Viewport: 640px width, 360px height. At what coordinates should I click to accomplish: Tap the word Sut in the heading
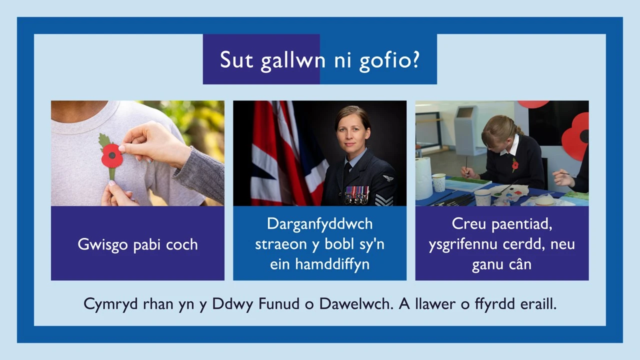click(236, 59)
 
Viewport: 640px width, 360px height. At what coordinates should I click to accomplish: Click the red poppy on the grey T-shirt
click(112, 156)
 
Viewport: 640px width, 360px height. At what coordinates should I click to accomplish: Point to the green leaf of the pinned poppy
click(104, 141)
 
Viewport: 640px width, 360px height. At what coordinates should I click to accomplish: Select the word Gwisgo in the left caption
click(102, 245)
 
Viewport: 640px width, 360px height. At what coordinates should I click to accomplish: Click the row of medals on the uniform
click(356, 195)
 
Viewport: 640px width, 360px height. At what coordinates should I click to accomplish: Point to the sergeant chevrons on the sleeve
click(383, 199)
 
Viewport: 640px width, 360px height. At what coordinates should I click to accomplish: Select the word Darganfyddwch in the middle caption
click(319, 224)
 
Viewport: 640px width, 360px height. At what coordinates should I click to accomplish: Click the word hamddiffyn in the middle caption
click(332, 264)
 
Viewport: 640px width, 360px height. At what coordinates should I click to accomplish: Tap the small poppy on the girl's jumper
click(515, 165)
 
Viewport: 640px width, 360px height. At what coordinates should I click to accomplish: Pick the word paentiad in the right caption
click(521, 224)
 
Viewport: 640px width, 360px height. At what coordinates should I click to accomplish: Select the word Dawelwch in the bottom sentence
click(356, 303)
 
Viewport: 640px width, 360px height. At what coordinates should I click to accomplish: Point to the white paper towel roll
click(423, 178)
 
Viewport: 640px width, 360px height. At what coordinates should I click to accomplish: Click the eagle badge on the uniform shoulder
click(388, 178)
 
